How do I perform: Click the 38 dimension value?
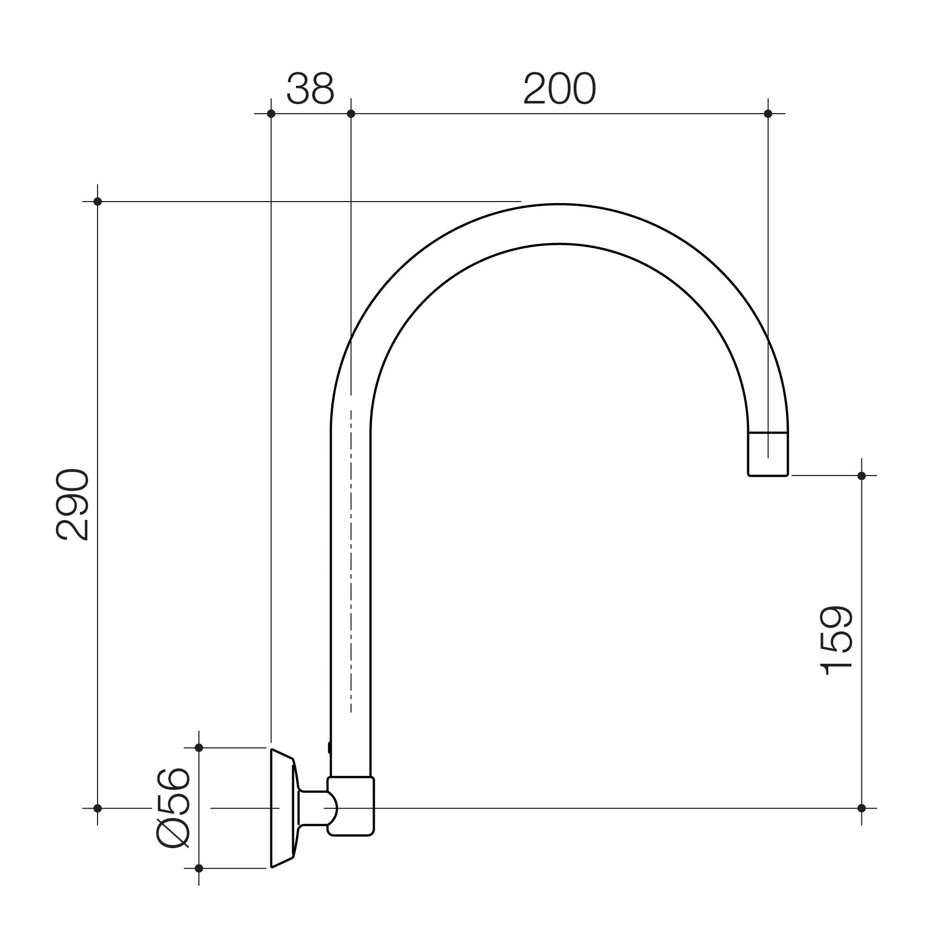310,89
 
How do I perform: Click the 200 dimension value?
559,89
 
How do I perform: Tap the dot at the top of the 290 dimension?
98,202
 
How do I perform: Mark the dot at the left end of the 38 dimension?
271,114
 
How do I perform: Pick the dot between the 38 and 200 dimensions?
351,114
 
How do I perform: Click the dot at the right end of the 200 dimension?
768,114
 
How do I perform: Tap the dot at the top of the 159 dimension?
862,476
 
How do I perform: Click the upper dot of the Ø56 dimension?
199,747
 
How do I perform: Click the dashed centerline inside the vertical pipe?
351,563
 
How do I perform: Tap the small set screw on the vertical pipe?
329,747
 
